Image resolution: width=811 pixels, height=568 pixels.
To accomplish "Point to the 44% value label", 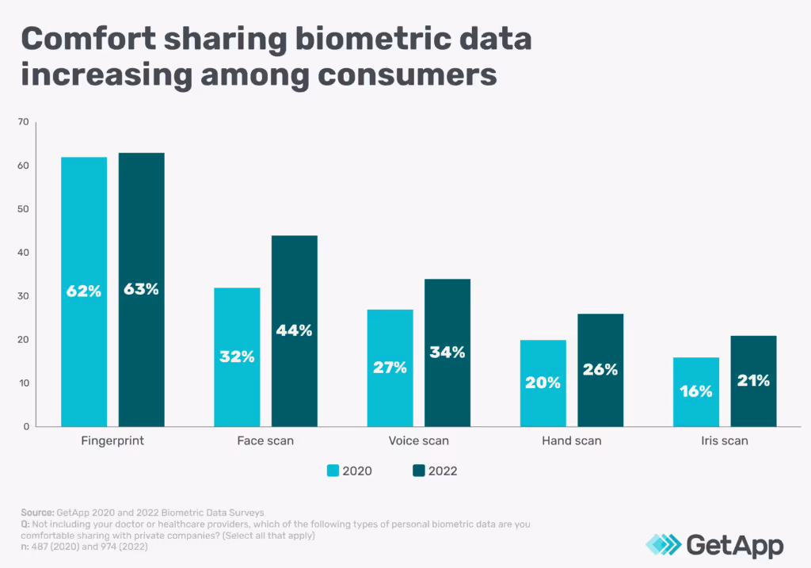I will pos(295,330).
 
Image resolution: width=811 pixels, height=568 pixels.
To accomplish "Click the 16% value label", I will pos(695,391).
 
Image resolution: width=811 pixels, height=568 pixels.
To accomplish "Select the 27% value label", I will pos(390,368).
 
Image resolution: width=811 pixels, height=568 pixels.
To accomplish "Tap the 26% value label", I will pos(600,369).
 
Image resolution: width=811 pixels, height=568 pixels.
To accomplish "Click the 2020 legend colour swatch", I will pos(333,471).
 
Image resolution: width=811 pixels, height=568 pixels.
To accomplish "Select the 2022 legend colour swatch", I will pos(419,471).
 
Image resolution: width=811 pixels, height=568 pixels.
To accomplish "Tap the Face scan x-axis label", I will pos(265,440).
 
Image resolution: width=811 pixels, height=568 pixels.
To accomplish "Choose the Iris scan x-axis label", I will pos(724,440).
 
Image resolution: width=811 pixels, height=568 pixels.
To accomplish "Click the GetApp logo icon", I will pos(662,545).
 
